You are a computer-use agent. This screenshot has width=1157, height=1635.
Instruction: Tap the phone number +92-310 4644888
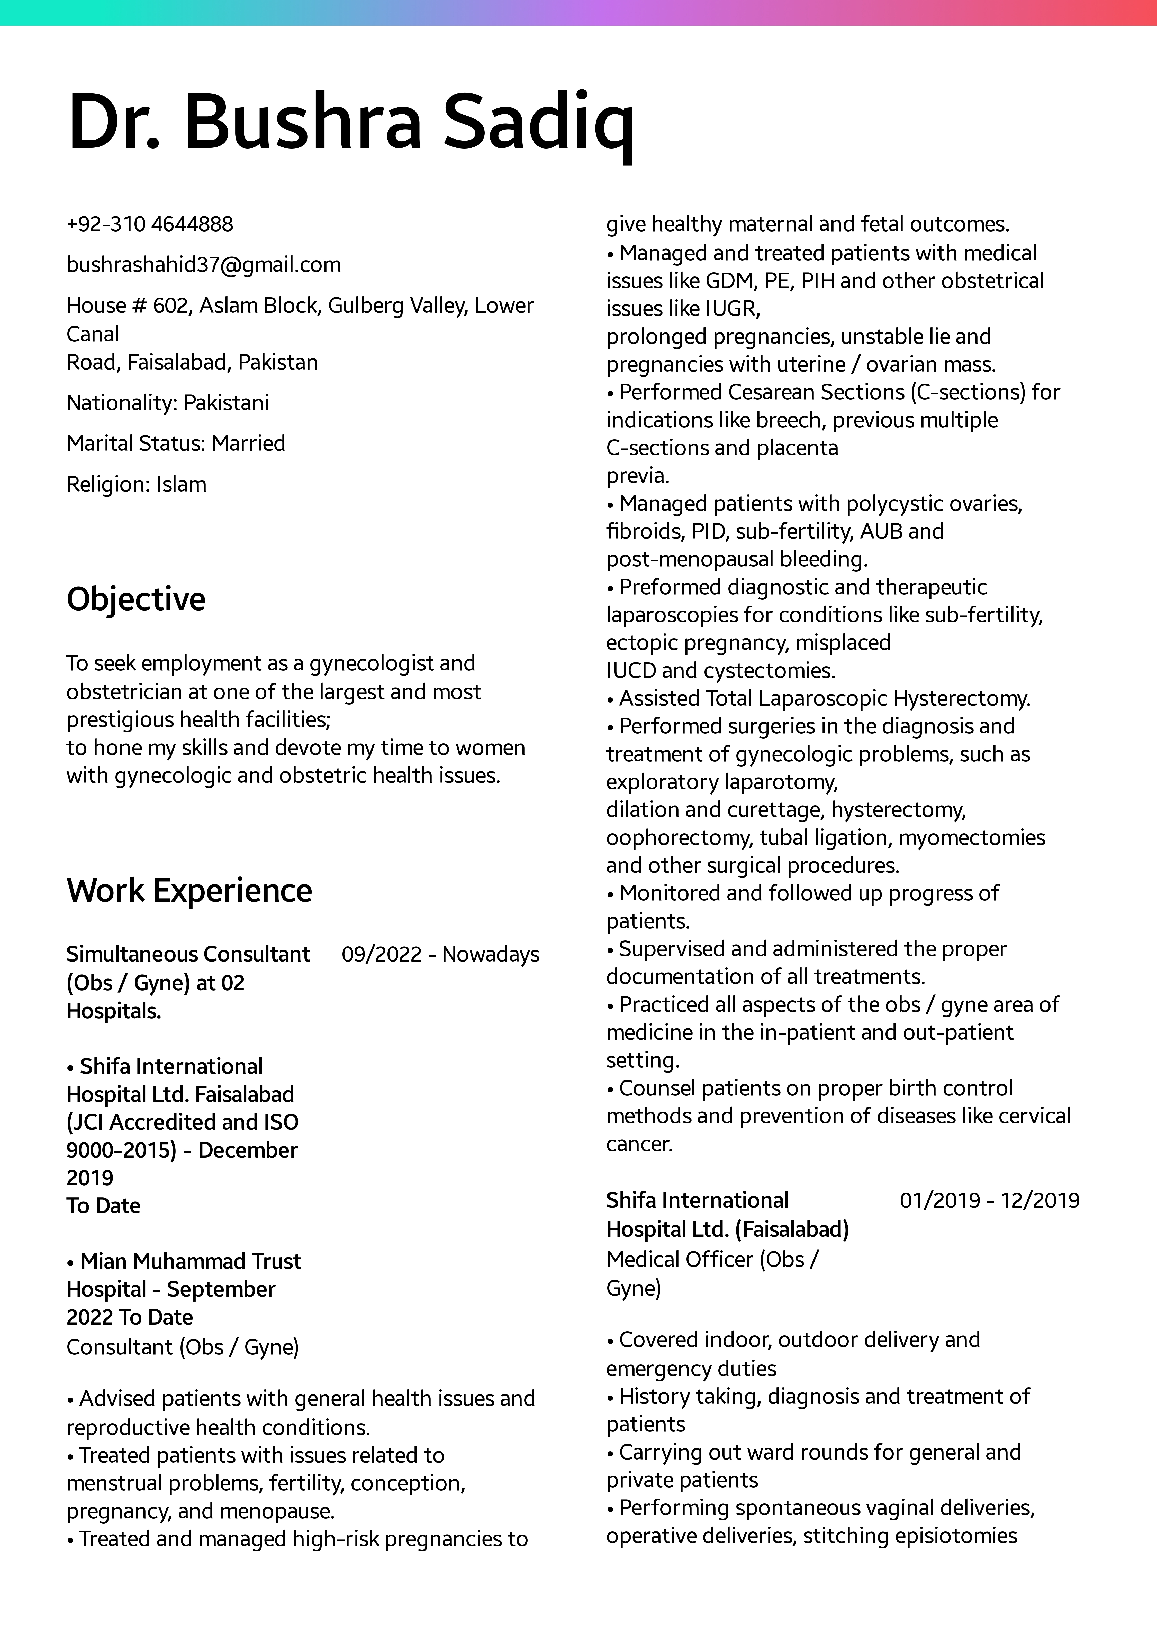click(150, 224)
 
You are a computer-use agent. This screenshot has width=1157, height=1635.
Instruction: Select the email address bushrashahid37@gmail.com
click(204, 265)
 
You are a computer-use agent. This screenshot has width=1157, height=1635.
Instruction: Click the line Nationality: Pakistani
click(168, 403)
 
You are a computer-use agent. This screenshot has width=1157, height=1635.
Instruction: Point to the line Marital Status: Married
click(176, 444)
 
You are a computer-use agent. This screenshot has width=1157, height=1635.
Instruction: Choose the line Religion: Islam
click(136, 484)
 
